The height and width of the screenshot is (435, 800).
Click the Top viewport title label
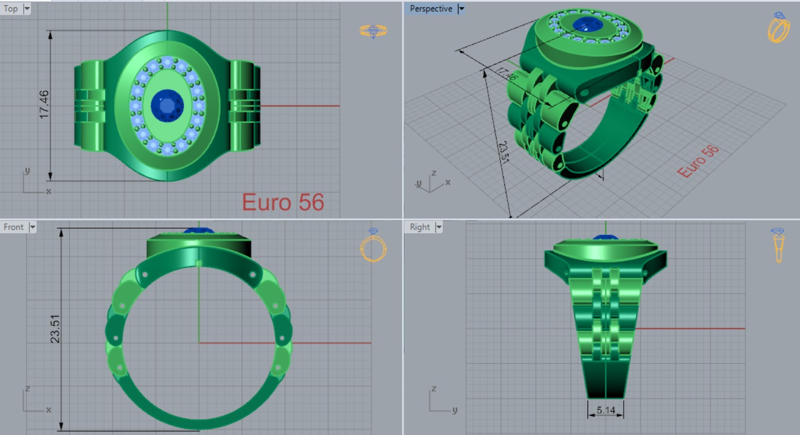[11, 8]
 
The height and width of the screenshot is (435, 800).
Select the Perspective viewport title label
[430, 8]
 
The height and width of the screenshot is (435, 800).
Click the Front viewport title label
[14, 227]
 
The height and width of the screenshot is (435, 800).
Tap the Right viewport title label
[420, 227]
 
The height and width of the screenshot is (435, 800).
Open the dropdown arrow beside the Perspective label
[461, 8]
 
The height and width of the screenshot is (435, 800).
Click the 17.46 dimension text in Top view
[44, 104]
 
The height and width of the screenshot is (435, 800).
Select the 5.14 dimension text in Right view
[606, 410]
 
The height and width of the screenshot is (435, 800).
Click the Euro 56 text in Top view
[283, 202]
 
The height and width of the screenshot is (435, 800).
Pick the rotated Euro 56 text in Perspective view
[698, 161]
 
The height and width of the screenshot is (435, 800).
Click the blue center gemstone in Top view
[167, 105]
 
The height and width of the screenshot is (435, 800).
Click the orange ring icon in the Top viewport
[373, 31]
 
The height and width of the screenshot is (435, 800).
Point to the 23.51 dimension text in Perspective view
[503, 151]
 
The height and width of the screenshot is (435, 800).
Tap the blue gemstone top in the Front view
[199, 231]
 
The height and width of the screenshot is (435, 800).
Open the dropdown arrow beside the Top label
[26, 8]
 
